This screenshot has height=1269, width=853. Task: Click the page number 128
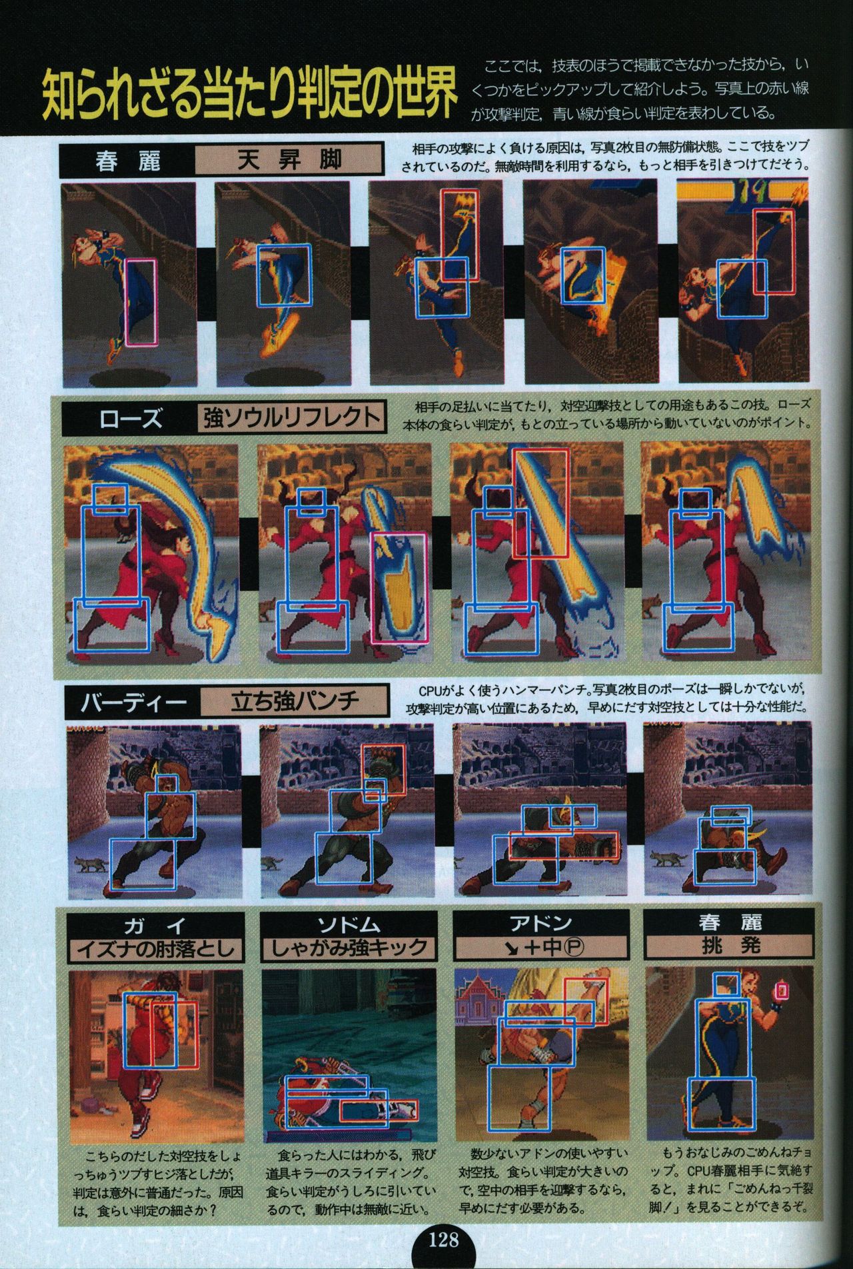pos(444,1240)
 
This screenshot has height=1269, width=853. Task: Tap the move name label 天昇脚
pos(289,160)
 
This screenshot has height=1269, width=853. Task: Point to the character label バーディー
pos(132,701)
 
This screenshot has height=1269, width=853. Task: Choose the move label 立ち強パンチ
pos(295,701)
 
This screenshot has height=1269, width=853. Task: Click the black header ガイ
pos(156,925)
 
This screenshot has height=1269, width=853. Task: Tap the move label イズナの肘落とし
pos(156,948)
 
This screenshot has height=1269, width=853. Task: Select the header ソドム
pos(349,925)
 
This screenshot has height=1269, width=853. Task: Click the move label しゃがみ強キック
pos(349,948)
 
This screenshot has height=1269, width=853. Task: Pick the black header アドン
pos(541,925)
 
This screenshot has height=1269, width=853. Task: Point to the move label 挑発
pos(730,947)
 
